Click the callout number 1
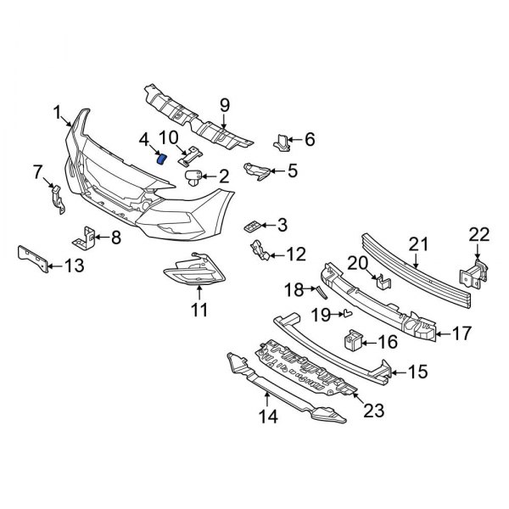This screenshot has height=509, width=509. (56, 112)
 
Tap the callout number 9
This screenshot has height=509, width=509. (225, 105)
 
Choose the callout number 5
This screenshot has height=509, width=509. (293, 171)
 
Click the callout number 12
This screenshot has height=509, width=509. (295, 253)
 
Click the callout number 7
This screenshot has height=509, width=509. (36, 174)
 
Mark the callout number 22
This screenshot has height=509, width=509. (479, 234)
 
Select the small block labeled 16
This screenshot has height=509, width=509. (354, 341)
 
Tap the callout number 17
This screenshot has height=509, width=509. (460, 334)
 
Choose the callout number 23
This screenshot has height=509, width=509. (373, 411)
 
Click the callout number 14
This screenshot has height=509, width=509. (268, 417)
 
